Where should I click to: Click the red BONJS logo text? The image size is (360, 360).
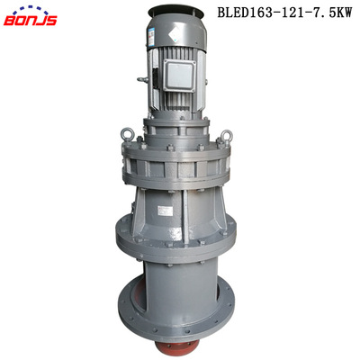pos(30,21)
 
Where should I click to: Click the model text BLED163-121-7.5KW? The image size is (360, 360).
pos(284,13)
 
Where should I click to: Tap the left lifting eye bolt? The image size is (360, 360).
pos(126,137)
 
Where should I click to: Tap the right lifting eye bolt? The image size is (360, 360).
pos(226,138)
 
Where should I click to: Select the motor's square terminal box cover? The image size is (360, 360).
pos(179,75)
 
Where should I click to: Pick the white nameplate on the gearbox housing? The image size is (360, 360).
pos(166,211)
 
